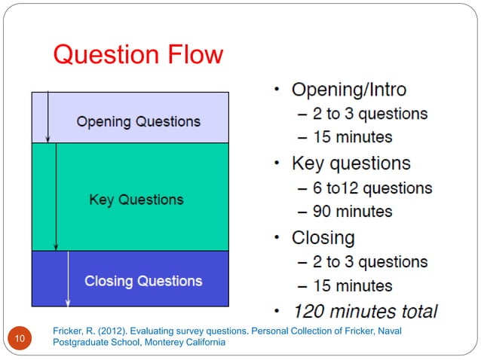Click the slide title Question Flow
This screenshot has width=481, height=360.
138,55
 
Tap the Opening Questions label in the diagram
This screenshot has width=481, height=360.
139,121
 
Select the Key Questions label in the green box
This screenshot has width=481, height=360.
136,200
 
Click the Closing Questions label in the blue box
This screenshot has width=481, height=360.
143,281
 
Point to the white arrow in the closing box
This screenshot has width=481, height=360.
68,279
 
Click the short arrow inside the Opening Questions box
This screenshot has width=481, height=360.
47,117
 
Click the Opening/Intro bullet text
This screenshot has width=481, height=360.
348,90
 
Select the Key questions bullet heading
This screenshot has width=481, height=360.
351,163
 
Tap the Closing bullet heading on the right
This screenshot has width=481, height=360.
323,237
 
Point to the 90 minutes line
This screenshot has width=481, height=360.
352,212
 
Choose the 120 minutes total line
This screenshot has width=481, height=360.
365,310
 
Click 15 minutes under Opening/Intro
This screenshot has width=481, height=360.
352,137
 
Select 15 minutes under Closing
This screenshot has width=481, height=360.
352,285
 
